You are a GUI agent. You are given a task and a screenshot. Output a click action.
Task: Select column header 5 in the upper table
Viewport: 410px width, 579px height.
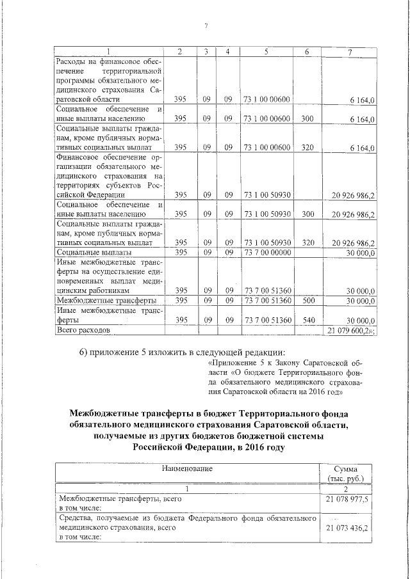tap(266, 51)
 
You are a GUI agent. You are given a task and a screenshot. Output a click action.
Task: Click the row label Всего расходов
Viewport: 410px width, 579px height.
tap(83, 330)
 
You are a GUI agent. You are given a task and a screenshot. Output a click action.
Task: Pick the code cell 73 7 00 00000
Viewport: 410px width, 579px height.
tap(266, 253)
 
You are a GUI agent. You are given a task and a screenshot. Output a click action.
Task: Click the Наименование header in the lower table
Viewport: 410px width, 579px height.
tap(186, 469)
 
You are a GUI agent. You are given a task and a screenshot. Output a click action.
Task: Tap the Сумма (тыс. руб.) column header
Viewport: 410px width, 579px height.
tap(345, 473)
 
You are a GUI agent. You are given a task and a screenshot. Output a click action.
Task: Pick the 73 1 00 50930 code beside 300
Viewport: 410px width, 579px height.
tap(266, 214)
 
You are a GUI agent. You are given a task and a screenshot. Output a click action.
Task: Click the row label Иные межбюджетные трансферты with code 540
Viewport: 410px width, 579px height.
tap(106, 315)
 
